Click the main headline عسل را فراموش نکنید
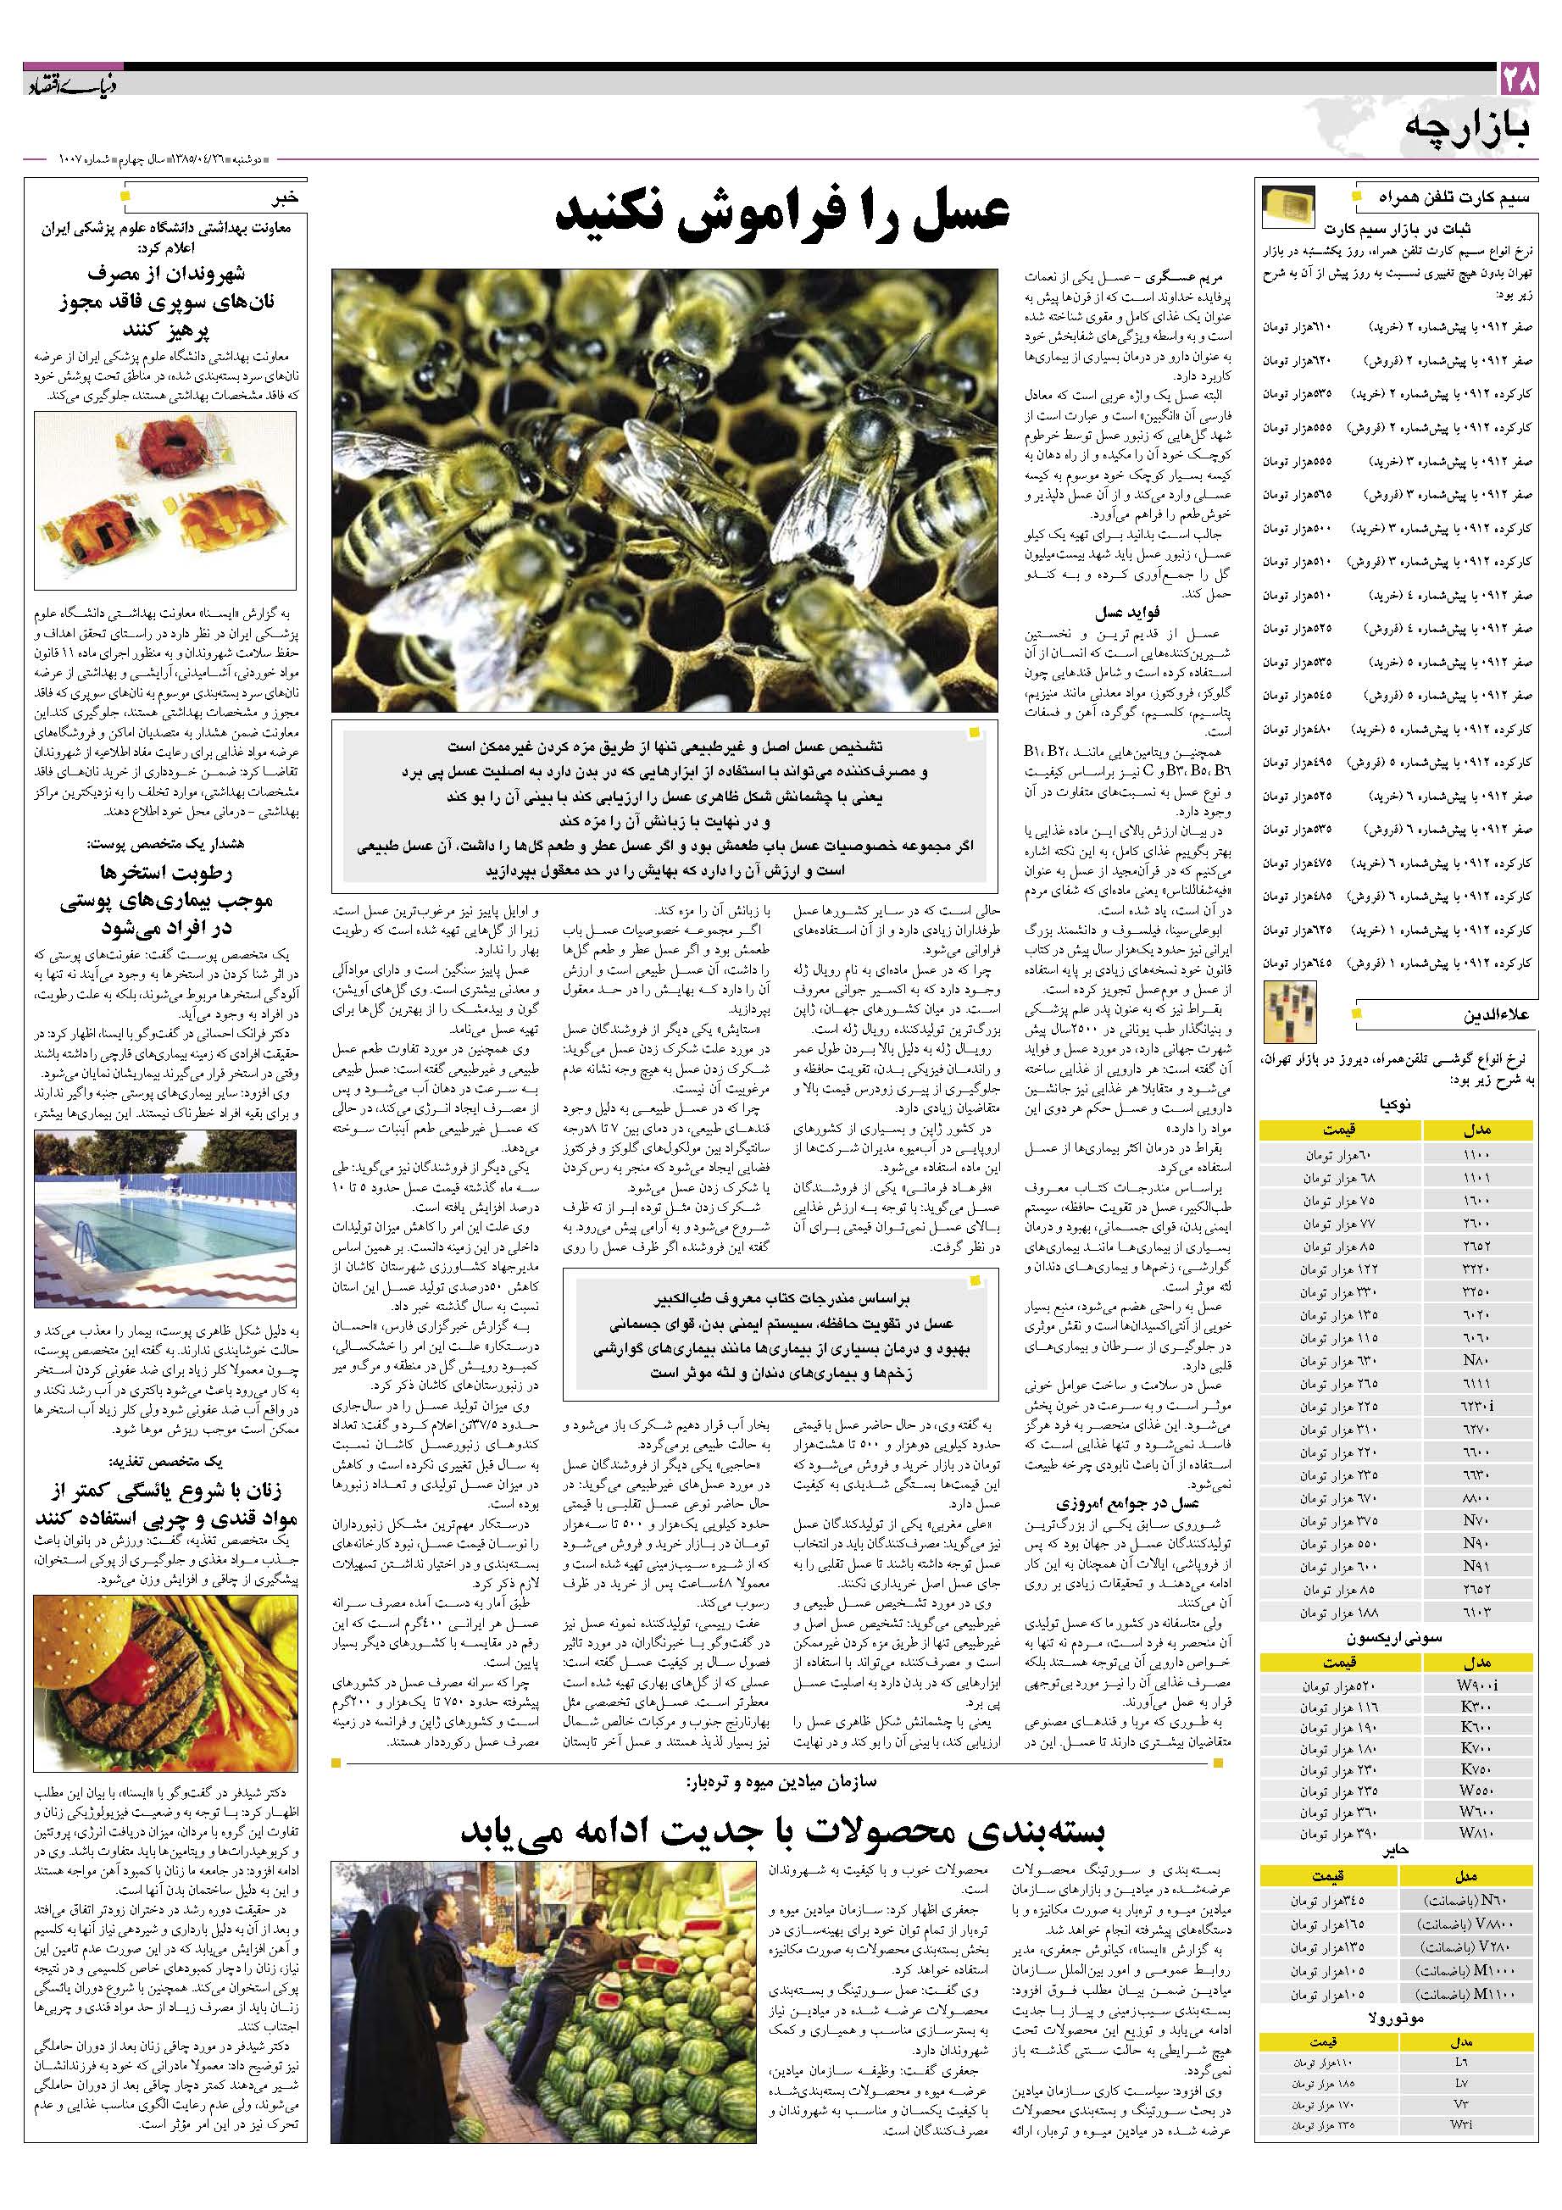click(x=782, y=218)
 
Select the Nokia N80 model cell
click(x=1475, y=1360)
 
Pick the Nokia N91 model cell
click(x=1475, y=1566)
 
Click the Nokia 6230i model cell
click(x=1475, y=1405)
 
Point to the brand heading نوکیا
click(x=1394, y=1107)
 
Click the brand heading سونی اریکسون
click(x=1394, y=1638)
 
